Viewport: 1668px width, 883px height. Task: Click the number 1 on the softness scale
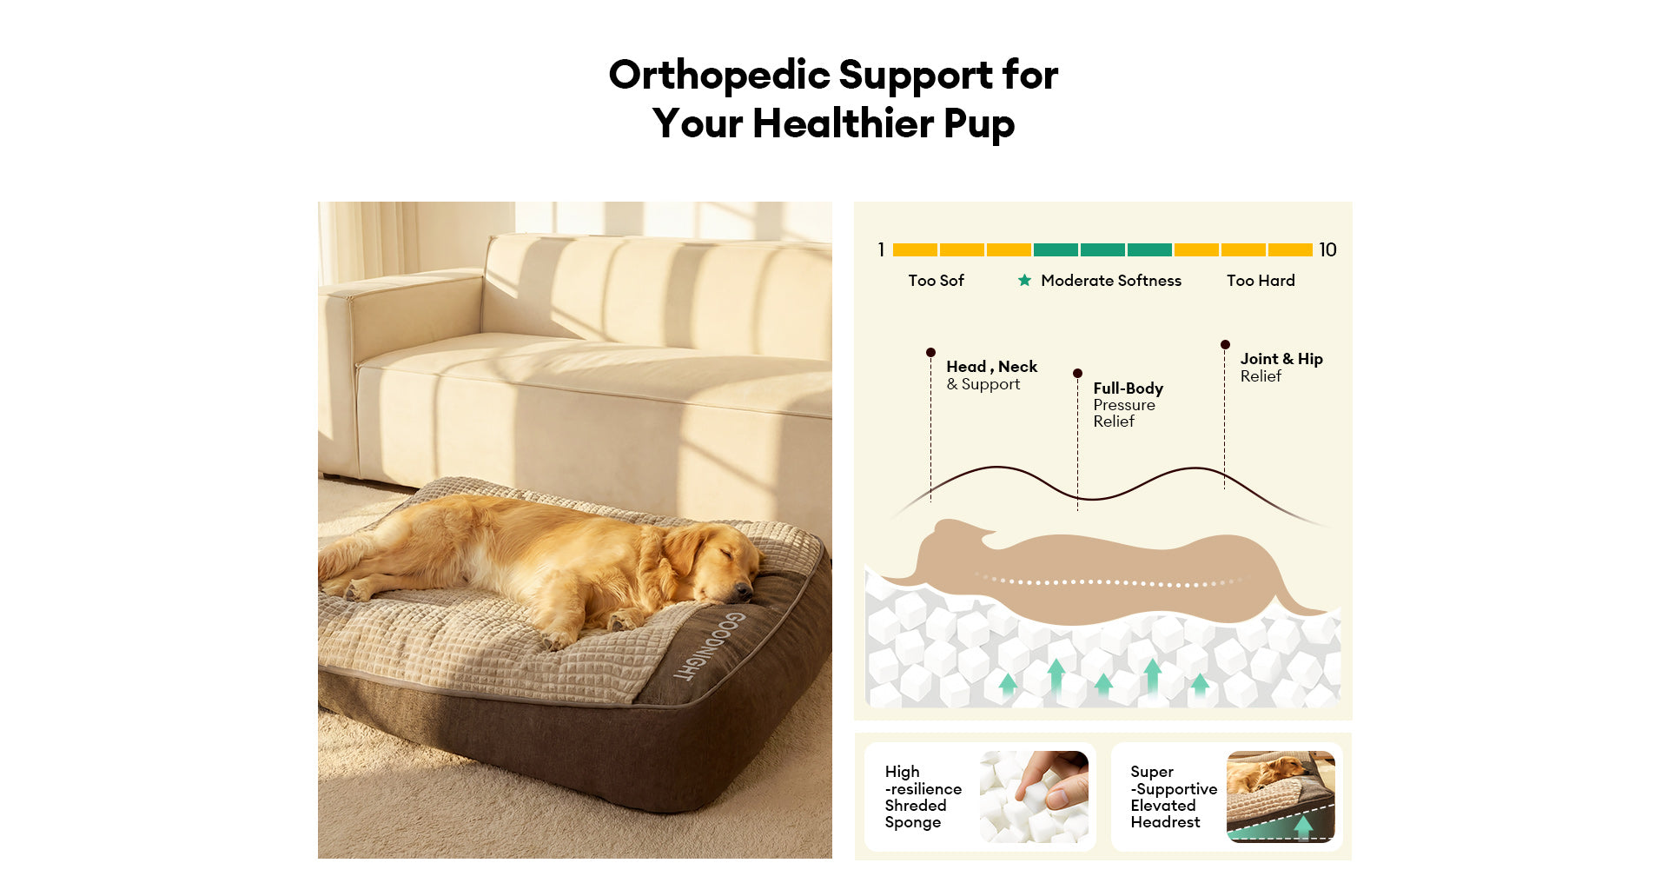click(x=881, y=250)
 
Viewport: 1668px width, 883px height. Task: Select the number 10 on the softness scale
click(x=1327, y=250)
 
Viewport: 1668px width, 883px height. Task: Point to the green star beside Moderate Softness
click(x=1025, y=280)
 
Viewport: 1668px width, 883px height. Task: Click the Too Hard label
click(x=1261, y=281)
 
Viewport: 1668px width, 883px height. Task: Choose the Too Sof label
click(x=936, y=281)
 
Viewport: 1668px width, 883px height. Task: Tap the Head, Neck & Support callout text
click(x=991, y=375)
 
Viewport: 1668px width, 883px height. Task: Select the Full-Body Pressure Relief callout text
click(x=1128, y=405)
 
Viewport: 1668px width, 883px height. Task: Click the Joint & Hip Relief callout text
click(x=1281, y=368)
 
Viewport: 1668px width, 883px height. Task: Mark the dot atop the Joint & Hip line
click(x=1225, y=345)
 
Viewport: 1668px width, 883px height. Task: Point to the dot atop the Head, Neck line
click(x=930, y=353)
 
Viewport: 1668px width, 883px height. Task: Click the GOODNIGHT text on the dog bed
click(x=711, y=645)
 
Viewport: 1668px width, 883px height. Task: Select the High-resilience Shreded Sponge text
click(x=923, y=797)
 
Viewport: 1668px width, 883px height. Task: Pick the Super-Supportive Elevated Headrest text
click(x=1173, y=797)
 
